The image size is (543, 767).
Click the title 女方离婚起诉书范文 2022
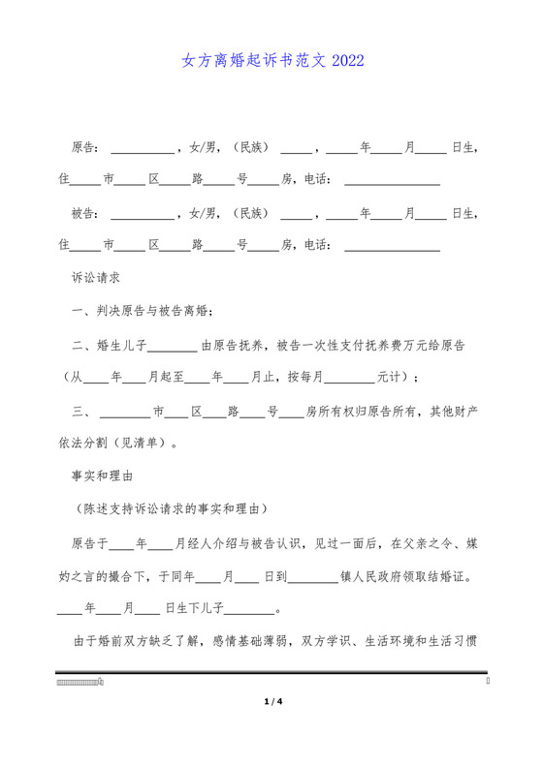272,61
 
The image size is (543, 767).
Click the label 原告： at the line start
85,148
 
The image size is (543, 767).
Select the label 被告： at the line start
85,213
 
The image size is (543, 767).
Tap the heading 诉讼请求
96,278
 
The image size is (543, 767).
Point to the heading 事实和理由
102,476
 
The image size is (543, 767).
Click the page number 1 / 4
271,701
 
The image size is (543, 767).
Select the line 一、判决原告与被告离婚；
142,311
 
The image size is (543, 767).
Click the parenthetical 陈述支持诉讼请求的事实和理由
171,509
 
